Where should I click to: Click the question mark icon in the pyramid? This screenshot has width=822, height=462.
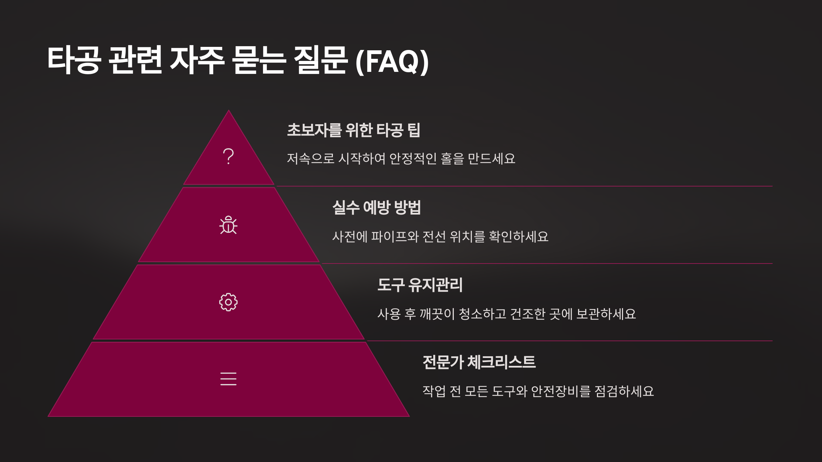[228, 156]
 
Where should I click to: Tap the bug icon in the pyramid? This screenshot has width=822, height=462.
[228, 225]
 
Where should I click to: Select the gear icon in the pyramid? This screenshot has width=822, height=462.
[228, 302]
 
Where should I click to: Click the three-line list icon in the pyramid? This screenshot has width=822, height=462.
[228, 379]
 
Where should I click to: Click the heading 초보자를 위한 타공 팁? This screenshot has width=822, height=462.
[353, 130]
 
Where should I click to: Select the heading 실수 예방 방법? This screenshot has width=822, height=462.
[376, 207]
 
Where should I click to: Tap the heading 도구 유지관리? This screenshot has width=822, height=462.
[420, 285]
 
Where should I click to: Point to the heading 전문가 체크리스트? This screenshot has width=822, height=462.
[479, 362]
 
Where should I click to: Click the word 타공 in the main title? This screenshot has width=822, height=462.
[74, 61]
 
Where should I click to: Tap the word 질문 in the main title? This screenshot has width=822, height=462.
[321, 61]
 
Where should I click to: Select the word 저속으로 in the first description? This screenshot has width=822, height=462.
[310, 159]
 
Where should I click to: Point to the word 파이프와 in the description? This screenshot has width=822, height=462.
[395, 236]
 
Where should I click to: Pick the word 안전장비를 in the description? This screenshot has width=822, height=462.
[561, 392]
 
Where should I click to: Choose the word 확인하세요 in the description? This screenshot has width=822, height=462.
[519, 236]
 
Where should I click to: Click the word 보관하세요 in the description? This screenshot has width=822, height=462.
[606, 314]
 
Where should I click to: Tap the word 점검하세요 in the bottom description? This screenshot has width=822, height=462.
[624, 392]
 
